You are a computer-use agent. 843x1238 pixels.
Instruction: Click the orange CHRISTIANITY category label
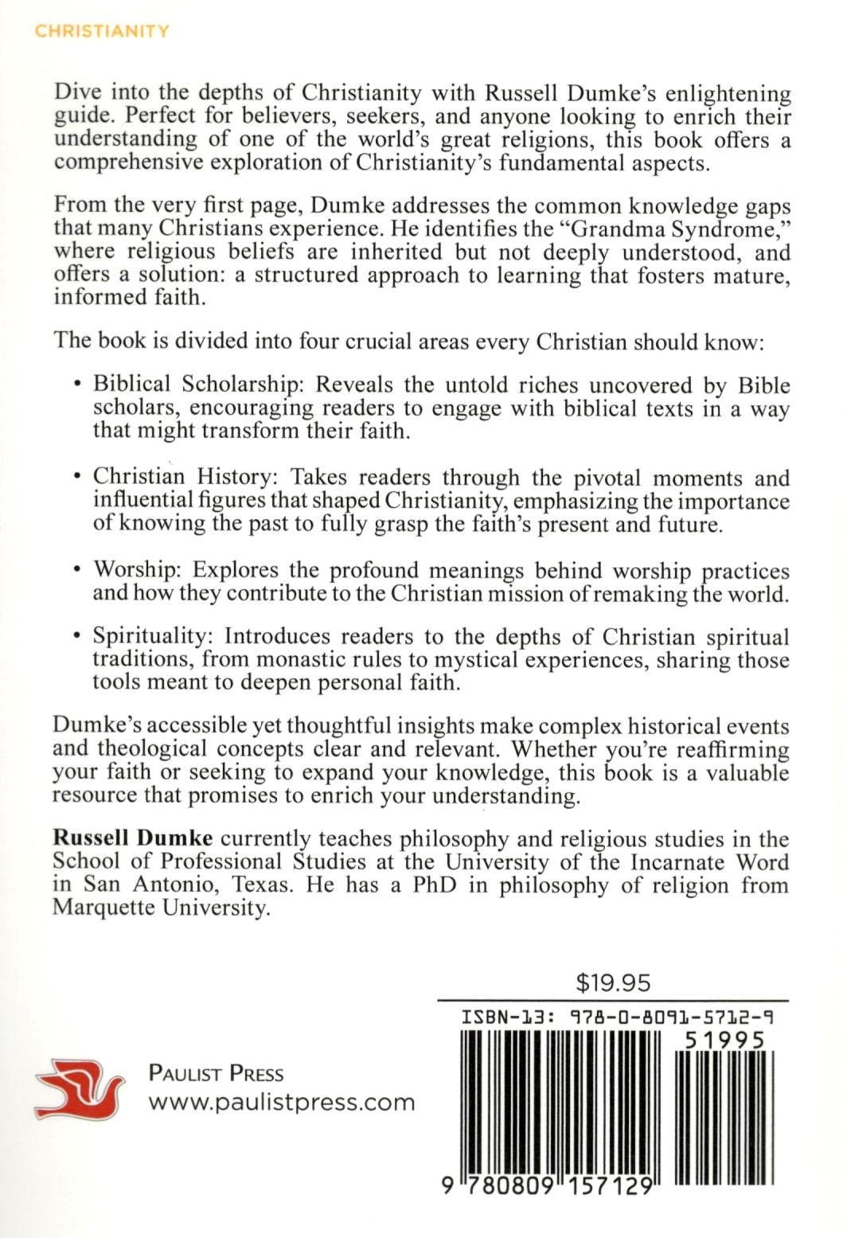102,31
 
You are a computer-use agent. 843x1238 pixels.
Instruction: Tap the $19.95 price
613,982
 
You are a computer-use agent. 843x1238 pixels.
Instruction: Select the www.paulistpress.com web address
282,1103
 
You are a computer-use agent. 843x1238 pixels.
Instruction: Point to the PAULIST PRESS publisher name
216,1073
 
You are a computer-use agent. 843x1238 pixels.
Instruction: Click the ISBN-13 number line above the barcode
617,1017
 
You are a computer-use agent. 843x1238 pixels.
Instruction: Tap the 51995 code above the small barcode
724,1041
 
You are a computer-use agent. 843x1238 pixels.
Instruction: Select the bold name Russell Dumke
132,838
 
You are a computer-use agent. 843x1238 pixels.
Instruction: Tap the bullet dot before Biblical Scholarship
77,385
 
